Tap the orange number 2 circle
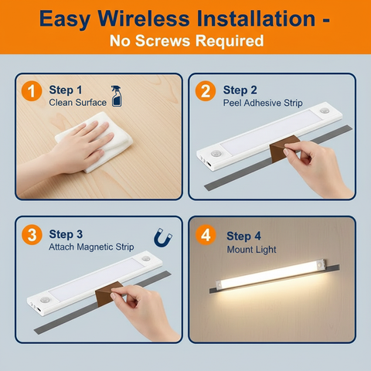[205, 92]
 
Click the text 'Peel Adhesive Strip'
[262, 103]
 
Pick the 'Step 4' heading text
[244, 236]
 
